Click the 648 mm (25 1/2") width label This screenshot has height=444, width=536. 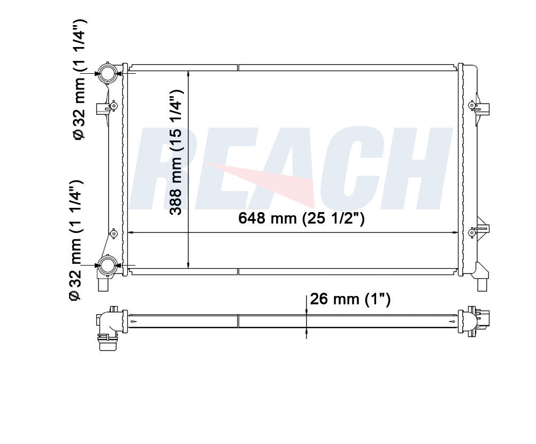click(x=301, y=219)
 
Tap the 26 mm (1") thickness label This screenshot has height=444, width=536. click(x=350, y=299)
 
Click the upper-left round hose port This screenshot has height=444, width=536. click(x=107, y=73)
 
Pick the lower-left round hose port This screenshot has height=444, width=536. click(x=107, y=265)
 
